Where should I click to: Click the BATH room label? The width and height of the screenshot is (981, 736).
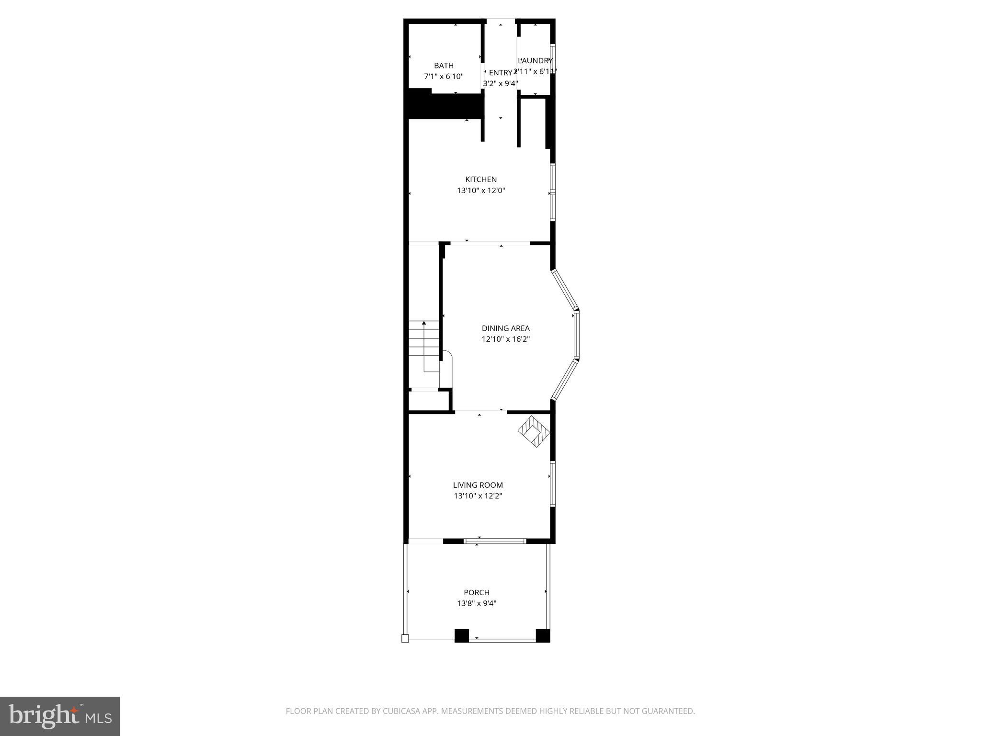444,66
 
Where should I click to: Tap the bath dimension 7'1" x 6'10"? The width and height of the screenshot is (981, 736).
444,77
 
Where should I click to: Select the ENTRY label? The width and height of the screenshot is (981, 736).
500,73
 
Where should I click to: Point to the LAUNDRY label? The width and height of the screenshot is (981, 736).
536,61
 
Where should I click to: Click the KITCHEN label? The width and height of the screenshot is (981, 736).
481,180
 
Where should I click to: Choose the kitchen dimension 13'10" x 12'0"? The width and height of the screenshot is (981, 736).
481,191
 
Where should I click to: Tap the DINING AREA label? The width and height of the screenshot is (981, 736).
505,328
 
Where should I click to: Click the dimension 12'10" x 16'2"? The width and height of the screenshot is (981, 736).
505,339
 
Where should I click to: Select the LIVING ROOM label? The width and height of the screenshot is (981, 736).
478,485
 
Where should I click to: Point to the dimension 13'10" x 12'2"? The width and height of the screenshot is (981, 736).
478,496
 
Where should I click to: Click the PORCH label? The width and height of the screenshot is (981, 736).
476,592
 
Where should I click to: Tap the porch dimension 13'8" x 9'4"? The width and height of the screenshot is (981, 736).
476,603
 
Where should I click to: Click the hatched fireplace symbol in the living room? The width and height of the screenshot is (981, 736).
534,432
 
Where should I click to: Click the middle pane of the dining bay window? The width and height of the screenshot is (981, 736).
577,335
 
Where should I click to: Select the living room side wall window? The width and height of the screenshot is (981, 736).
552,483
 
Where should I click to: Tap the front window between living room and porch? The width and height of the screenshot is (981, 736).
495,541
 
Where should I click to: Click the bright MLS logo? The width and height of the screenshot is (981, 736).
60,716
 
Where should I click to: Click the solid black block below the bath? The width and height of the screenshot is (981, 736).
444,106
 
